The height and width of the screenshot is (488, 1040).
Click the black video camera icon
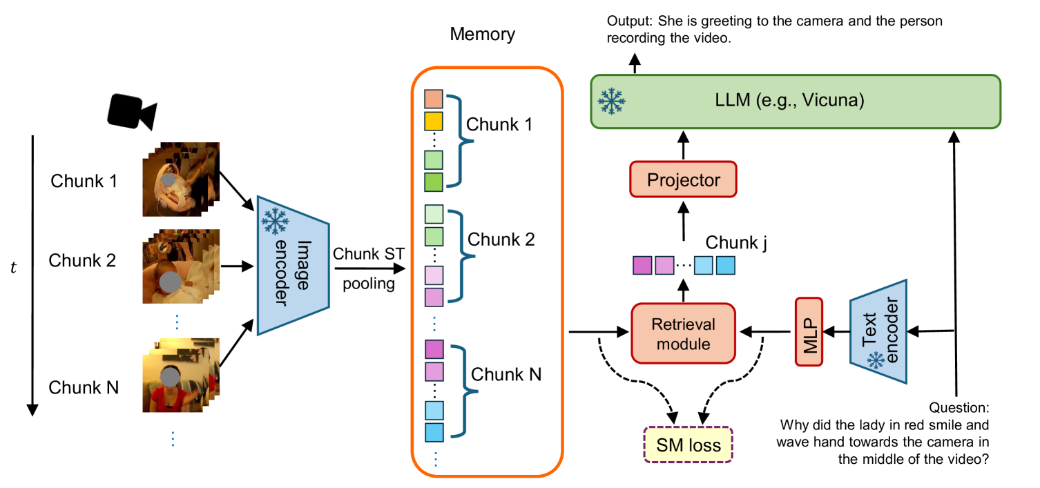[x=132, y=112]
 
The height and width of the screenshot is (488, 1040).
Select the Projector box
[x=683, y=180]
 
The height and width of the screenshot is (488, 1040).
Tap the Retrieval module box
[x=683, y=333]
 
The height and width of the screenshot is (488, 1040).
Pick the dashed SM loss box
[x=687, y=445]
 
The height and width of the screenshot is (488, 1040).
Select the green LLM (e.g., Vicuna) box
[x=795, y=101]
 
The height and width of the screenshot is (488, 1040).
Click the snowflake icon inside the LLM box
[x=612, y=101]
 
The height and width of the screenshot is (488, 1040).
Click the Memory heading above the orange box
[x=482, y=34]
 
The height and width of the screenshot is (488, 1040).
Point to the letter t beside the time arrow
[x=13, y=268]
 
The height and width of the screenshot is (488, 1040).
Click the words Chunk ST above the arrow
[x=363, y=254]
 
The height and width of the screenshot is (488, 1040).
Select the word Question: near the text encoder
[x=961, y=408]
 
